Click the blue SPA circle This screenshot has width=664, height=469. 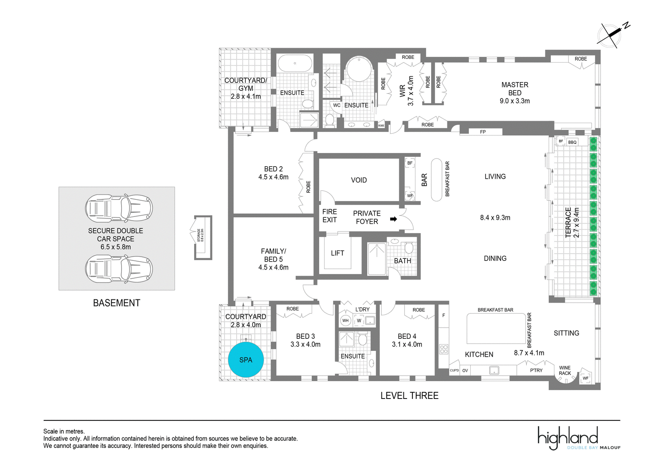[x=246, y=360]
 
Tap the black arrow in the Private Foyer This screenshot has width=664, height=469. [x=393, y=219]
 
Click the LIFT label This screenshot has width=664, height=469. [x=337, y=253]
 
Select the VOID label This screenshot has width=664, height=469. [x=359, y=180]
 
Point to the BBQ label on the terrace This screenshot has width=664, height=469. [x=572, y=143]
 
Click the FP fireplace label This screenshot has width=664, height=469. [x=483, y=132]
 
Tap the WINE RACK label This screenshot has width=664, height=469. [x=565, y=371]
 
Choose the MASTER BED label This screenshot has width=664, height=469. [x=515, y=89]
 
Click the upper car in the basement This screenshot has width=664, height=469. [x=119, y=208]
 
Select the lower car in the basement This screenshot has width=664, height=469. [x=119, y=269]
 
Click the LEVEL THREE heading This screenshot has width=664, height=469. [x=409, y=396]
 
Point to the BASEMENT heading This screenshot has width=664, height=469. [x=117, y=303]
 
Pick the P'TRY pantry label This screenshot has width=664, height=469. [x=536, y=370]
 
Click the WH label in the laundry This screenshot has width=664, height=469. [x=345, y=321]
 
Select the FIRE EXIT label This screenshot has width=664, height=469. [x=330, y=216]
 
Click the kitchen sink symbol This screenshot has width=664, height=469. [x=494, y=370]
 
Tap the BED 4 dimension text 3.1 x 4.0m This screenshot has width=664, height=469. [x=407, y=344]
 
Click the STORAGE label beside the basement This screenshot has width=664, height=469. [x=199, y=235]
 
